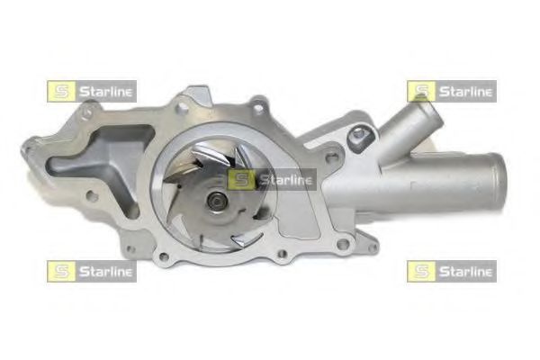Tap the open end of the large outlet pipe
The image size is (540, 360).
point(497,182)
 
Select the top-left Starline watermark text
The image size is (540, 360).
point(105,92)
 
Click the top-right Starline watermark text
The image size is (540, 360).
point(465,92)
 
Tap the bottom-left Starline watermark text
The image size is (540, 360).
point(105,272)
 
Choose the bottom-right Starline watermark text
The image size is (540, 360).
point(465,272)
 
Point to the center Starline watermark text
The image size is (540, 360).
point(285,180)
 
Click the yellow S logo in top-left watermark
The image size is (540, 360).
point(61,91)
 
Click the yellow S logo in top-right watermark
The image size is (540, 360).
point(421,91)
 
